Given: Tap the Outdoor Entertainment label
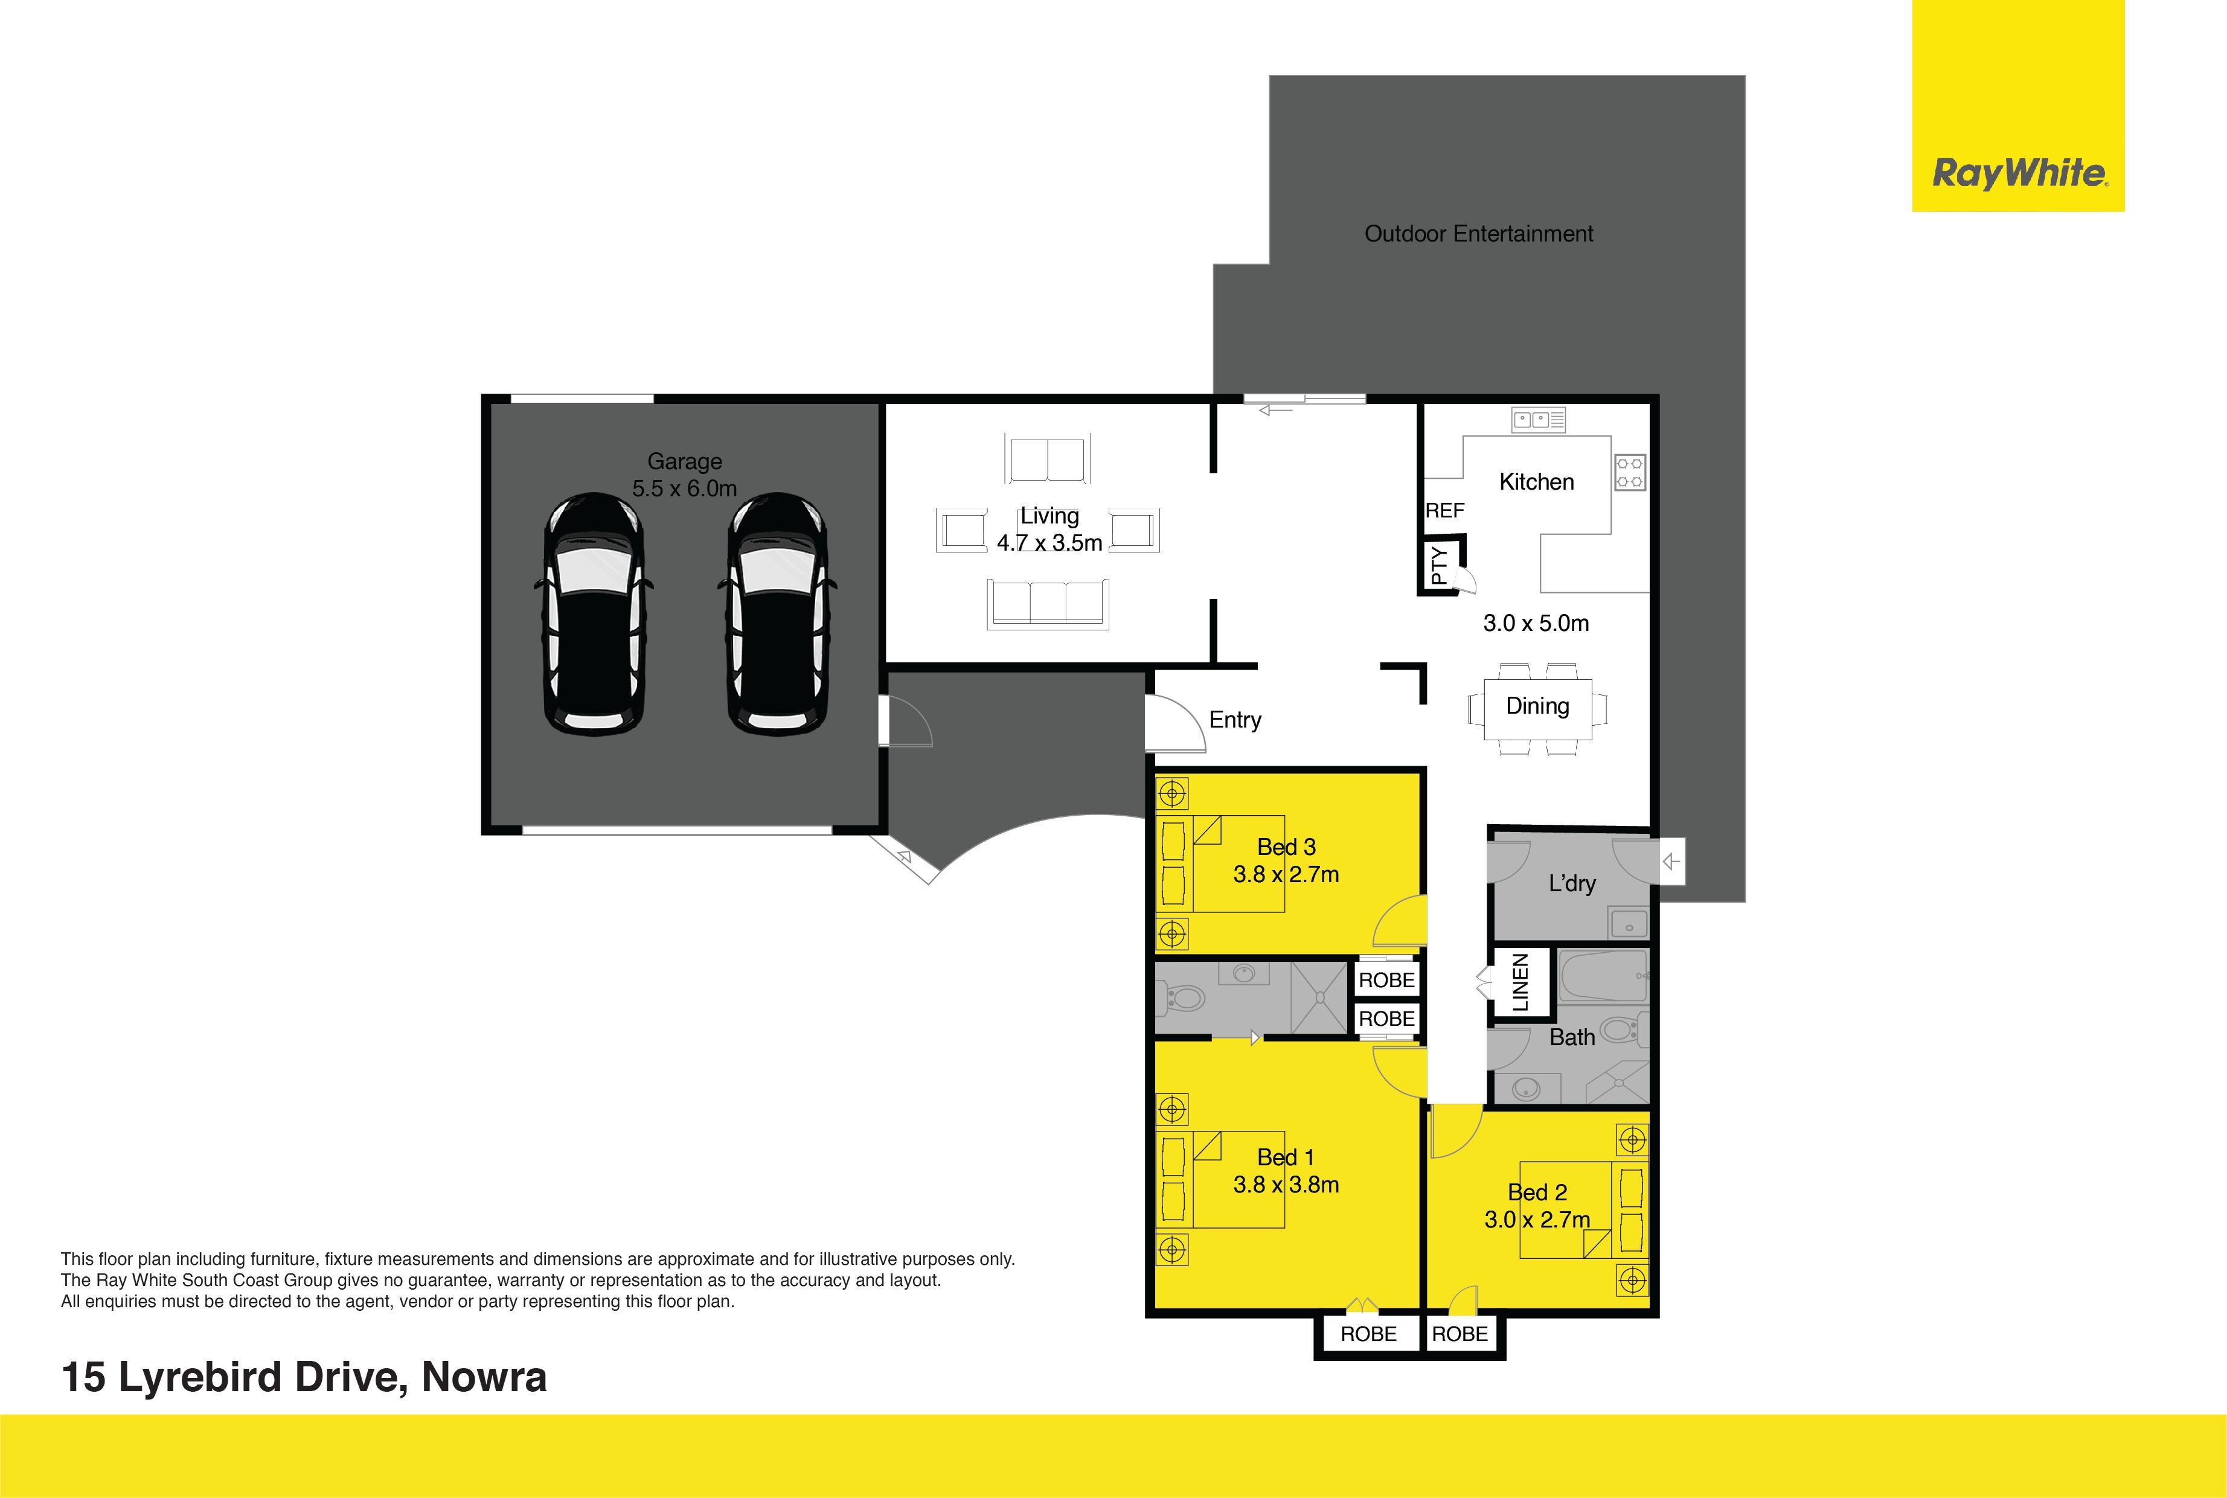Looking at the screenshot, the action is point(1479,234).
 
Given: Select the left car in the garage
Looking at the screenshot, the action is point(594,613).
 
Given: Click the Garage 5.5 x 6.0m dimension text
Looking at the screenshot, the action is point(684,488).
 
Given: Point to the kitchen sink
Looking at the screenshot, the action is point(1538,420).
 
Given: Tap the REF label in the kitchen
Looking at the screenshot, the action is point(1444,511).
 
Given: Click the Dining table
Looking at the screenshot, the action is point(1538,708).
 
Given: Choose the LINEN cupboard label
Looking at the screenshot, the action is point(1520,983).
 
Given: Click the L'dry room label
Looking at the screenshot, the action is point(1572,884).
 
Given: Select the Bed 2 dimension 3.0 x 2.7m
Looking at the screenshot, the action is point(1537,1220).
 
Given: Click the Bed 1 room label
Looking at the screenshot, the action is point(1285,1158).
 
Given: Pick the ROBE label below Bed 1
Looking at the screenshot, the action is point(1368,1334).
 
